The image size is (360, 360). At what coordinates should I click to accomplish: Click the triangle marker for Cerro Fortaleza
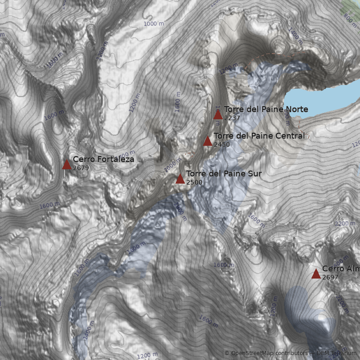[67, 164]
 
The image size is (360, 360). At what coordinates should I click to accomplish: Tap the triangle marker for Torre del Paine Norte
[218, 114]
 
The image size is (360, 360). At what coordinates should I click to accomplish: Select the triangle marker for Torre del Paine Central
[207, 141]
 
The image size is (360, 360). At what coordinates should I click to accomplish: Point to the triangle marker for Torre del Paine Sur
[180, 179]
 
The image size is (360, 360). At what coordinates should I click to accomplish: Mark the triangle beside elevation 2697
[316, 274]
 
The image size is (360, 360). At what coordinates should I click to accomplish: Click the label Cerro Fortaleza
[103, 159]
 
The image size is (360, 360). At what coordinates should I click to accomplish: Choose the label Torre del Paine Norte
[266, 109]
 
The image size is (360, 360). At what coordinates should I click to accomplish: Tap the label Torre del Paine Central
[259, 136]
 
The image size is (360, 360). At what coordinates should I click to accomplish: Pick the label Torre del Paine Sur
[224, 174]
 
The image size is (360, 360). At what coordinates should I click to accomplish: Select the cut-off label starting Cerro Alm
[341, 269]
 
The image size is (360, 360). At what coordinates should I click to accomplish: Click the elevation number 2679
[81, 168]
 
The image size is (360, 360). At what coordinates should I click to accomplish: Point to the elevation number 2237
[232, 118]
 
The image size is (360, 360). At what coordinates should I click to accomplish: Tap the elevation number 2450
[222, 145]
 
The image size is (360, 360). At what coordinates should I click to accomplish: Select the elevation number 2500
[194, 183]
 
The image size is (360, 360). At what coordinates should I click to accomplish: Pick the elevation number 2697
[330, 278]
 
